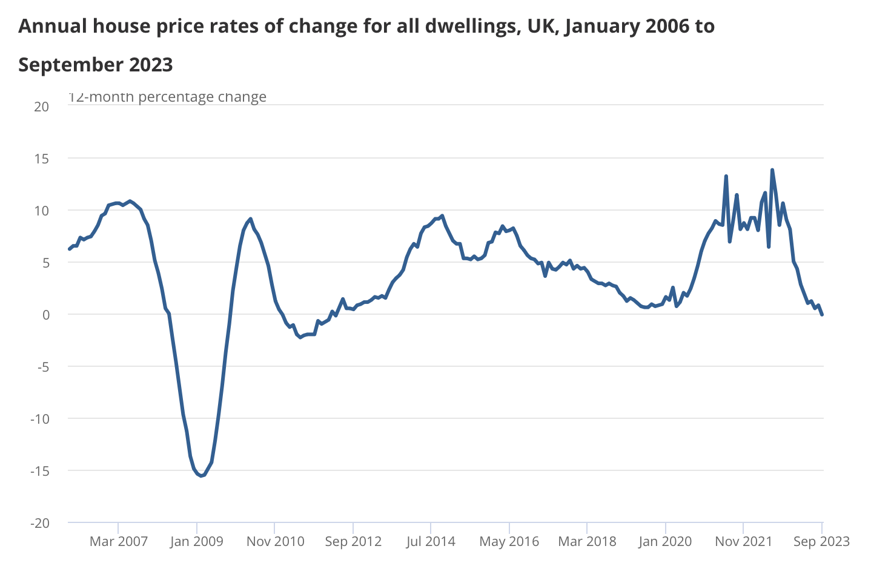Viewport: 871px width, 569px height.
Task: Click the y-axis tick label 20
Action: [x=41, y=107]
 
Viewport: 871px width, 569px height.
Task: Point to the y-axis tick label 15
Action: [x=41, y=159]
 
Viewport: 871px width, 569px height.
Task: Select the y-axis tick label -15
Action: [x=39, y=471]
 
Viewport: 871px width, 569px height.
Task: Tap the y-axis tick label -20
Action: [x=39, y=523]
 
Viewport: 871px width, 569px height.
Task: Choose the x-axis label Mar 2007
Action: [x=119, y=541]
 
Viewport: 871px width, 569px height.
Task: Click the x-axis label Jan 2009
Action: [x=197, y=541]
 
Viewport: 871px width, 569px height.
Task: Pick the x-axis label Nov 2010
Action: [x=275, y=541]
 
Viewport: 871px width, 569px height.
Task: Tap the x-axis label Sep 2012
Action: [x=353, y=541]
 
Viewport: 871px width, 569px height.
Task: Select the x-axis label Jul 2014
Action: [x=431, y=541]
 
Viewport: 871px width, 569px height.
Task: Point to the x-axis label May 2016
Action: [x=509, y=541]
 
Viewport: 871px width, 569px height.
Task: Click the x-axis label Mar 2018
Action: [x=587, y=541]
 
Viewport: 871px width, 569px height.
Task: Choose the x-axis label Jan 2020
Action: [x=665, y=541]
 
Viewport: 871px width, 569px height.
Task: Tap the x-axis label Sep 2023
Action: [x=821, y=541]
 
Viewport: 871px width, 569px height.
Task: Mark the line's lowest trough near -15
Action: [x=201, y=476]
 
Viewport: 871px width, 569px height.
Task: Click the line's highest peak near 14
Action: [x=772, y=170]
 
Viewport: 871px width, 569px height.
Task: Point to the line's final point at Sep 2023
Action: [x=822, y=314]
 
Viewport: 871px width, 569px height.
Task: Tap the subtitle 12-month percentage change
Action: [x=167, y=97]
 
